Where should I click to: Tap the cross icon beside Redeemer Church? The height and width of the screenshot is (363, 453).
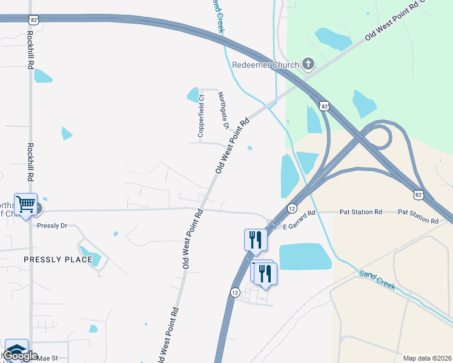click(308, 64)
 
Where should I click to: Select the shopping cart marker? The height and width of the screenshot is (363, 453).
click(26, 204)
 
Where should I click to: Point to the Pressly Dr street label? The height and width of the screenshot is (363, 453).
click(51, 226)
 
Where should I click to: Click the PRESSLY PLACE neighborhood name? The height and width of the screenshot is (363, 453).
click(58, 260)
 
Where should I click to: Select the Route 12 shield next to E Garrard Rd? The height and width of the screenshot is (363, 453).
click(292, 208)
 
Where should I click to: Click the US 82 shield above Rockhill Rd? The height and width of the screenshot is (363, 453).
click(34, 19)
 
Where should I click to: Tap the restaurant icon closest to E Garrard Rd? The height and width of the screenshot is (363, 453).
click(255, 239)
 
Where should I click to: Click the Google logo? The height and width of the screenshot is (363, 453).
click(20, 356)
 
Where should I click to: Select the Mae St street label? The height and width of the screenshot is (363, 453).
click(47, 358)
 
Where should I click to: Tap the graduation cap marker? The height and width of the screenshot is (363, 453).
click(16, 349)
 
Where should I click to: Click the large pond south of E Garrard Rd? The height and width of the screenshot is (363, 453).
click(305, 256)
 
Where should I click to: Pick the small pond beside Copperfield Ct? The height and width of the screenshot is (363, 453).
click(193, 94)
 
